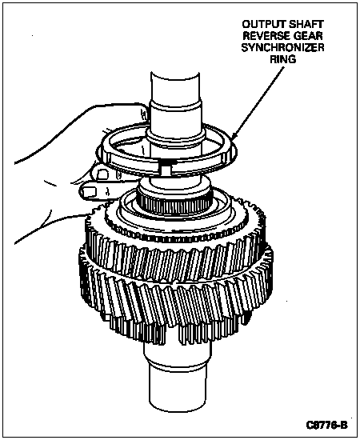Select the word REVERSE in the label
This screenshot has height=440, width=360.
pyautogui.click(x=266, y=36)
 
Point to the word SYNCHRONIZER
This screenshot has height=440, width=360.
pyautogui.click(x=282, y=48)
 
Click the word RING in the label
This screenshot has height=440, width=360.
pyautogui.click(x=282, y=59)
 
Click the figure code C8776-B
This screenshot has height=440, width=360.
pyautogui.click(x=326, y=425)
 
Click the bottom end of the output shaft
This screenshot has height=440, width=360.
pyautogui.click(x=178, y=407)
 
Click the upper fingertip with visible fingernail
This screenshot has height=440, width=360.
pyautogui.click(x=102, y=174)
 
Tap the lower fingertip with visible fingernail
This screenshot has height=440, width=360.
pyautogui.click(x=89, y=192)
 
